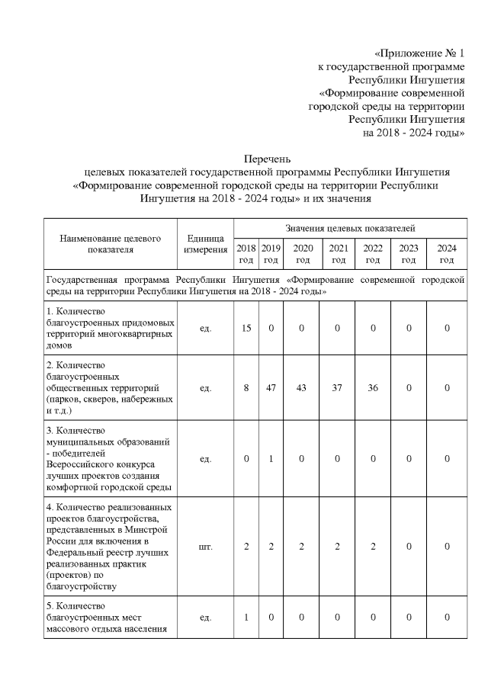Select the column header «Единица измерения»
pos(204,244)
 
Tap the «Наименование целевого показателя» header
pos(110,243)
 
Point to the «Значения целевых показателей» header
pos(350,228)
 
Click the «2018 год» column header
pos(246,254)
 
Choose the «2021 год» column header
pos(338,254)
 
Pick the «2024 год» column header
pos(447,254)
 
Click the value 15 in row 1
pos(246,328)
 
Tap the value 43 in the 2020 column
pos(302,388)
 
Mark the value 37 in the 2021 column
pos(338,388)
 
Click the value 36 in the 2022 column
pos(373,388)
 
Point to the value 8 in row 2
pos(246,388)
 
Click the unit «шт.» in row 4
pos(204,546)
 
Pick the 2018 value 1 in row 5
pos(246,617)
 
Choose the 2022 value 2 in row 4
pos(373,546)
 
